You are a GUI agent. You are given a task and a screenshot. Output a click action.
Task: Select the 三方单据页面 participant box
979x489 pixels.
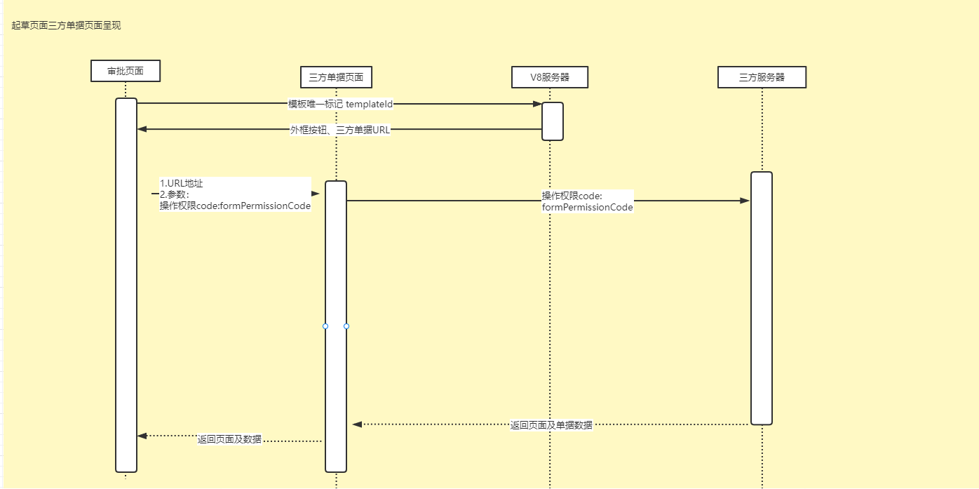point(336,76)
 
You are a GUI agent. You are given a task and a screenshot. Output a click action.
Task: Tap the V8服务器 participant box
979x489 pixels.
point(550,77)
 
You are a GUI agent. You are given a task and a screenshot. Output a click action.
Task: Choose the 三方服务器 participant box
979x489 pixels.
point(762,77)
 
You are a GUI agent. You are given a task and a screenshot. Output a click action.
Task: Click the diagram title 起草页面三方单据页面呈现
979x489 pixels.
point(66,25)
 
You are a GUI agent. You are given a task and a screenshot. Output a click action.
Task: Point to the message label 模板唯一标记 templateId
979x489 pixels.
point(341,104)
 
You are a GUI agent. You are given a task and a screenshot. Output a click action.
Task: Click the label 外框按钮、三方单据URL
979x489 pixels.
point(340,130)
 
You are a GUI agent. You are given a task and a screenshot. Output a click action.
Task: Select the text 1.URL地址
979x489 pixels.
point(182,183)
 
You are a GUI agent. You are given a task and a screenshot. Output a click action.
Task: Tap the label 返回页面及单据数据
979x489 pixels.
point(551,425)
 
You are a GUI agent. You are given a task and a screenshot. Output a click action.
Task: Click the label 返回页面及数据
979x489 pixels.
point(229,439)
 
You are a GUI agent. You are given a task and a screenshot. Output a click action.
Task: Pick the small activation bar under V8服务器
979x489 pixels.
point(553,121)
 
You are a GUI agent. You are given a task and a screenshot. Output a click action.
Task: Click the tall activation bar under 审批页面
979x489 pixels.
point(126,284)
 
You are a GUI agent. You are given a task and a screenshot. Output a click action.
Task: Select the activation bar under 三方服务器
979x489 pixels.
point(762,298)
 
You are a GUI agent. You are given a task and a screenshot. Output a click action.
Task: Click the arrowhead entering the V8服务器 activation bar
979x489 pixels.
point(537,104)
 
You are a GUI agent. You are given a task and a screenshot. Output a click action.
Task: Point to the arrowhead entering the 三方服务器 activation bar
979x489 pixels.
point(745,201)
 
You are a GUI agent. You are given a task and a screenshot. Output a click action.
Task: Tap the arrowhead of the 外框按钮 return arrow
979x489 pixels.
point(142,129)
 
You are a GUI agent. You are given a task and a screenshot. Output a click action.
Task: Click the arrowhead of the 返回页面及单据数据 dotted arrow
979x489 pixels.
point(357,424)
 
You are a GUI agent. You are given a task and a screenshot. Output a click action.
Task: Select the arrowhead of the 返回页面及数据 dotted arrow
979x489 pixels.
point(142,436)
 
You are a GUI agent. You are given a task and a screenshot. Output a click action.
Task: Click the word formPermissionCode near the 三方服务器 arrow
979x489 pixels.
point(588,207)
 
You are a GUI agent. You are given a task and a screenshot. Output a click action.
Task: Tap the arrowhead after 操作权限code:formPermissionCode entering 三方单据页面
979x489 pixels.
point(316,194)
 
